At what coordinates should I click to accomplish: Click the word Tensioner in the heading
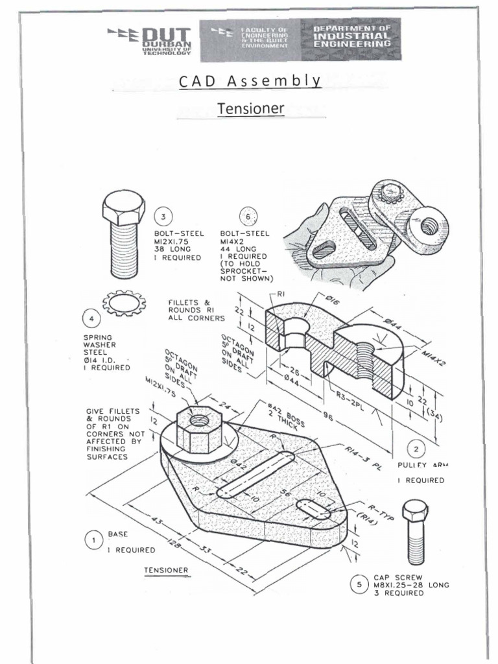(x=250, y=108)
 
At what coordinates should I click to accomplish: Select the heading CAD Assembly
(x=250, y=81)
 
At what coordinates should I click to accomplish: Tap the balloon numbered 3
(x=163, y=217)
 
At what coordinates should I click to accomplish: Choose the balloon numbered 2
(x=416, y=448)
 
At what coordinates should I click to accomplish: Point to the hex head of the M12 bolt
(x=123, y=209)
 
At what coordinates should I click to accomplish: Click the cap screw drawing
(x=414, y=532)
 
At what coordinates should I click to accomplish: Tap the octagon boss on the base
(x=199, y=428)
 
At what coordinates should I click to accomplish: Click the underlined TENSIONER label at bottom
(x=167, y=571)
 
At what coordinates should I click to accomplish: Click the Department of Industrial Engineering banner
(x=352, y=38)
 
